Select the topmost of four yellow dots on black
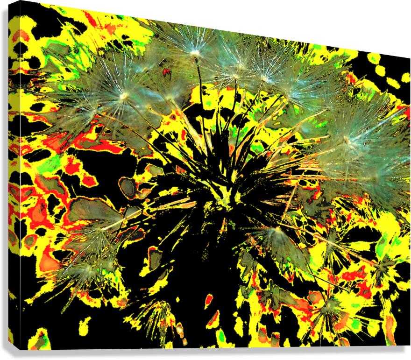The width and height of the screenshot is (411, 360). [x=374, y=58]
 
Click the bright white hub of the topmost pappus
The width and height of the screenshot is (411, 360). [x=195, y=54]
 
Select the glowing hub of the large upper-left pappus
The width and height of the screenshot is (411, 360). [x=124, y=96]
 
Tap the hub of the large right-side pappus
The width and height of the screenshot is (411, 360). [x=347, y=139]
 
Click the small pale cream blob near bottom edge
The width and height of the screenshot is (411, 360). [x=179, y=331]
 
